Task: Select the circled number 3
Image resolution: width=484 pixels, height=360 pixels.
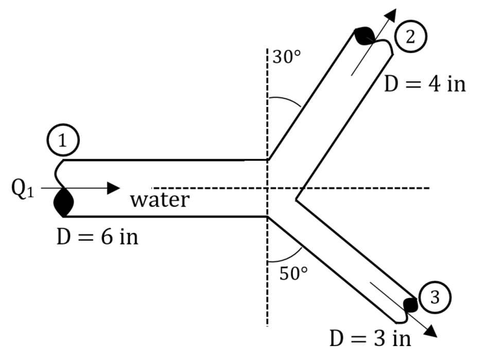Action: tap(435, 297)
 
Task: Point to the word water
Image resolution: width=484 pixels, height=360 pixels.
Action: tap(160, 199)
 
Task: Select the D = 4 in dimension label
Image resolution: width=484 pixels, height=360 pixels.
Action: tap(424, 84)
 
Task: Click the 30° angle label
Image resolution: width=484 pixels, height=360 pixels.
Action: tap(286, 57)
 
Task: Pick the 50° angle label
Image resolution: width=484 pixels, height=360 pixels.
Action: tap(293, 273)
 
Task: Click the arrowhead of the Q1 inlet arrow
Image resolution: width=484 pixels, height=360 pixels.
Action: tap(113, 188)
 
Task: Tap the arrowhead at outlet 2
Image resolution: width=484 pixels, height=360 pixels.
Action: tap(391, 15)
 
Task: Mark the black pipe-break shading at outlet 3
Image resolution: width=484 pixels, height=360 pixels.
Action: tap(410, 304)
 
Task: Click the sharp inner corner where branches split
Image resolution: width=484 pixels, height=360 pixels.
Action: tap(296, 199)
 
